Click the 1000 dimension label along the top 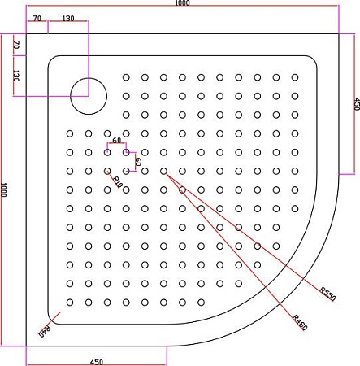point(182,5)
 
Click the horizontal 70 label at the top point(37,17)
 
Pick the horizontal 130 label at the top point(67,17)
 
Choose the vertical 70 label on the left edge point(15,46)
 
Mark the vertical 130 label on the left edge point(15,76)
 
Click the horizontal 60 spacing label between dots point(117,142)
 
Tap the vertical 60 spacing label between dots point(137,162)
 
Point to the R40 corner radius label point(46,331)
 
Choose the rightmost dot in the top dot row point(293,77)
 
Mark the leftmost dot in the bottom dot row point(70,302)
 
